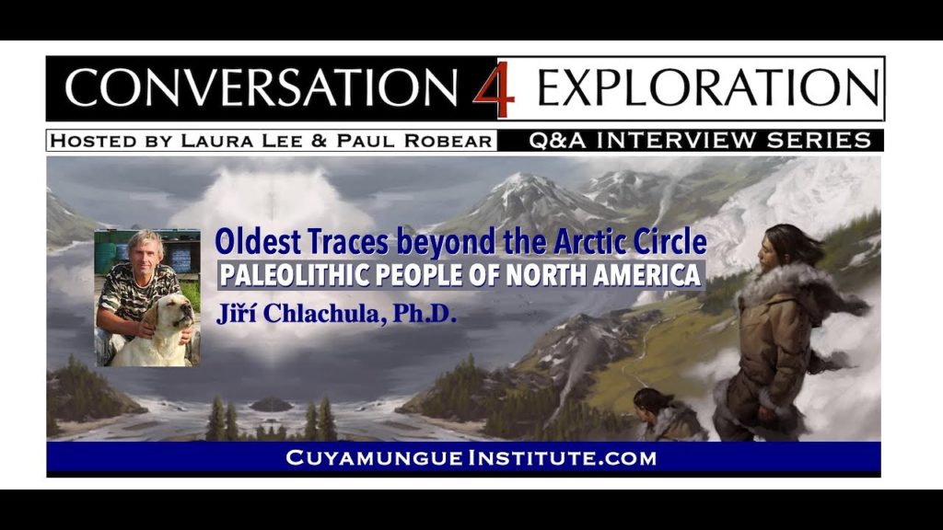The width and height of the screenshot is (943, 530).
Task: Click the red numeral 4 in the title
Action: coord(494,89)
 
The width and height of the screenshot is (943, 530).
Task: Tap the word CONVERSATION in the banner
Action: coord(261,87)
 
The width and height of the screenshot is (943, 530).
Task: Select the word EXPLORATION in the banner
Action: coord(708,87)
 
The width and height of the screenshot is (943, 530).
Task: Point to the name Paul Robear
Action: coord(414,141)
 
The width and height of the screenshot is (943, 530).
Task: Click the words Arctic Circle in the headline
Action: coord(630,242)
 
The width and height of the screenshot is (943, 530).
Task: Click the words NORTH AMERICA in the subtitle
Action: coord(603,275)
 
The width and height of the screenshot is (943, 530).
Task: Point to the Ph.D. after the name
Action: coord(425,313)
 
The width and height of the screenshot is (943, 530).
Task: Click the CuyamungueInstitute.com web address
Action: coord(471,458)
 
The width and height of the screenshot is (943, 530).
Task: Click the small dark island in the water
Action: coord(272,405)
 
